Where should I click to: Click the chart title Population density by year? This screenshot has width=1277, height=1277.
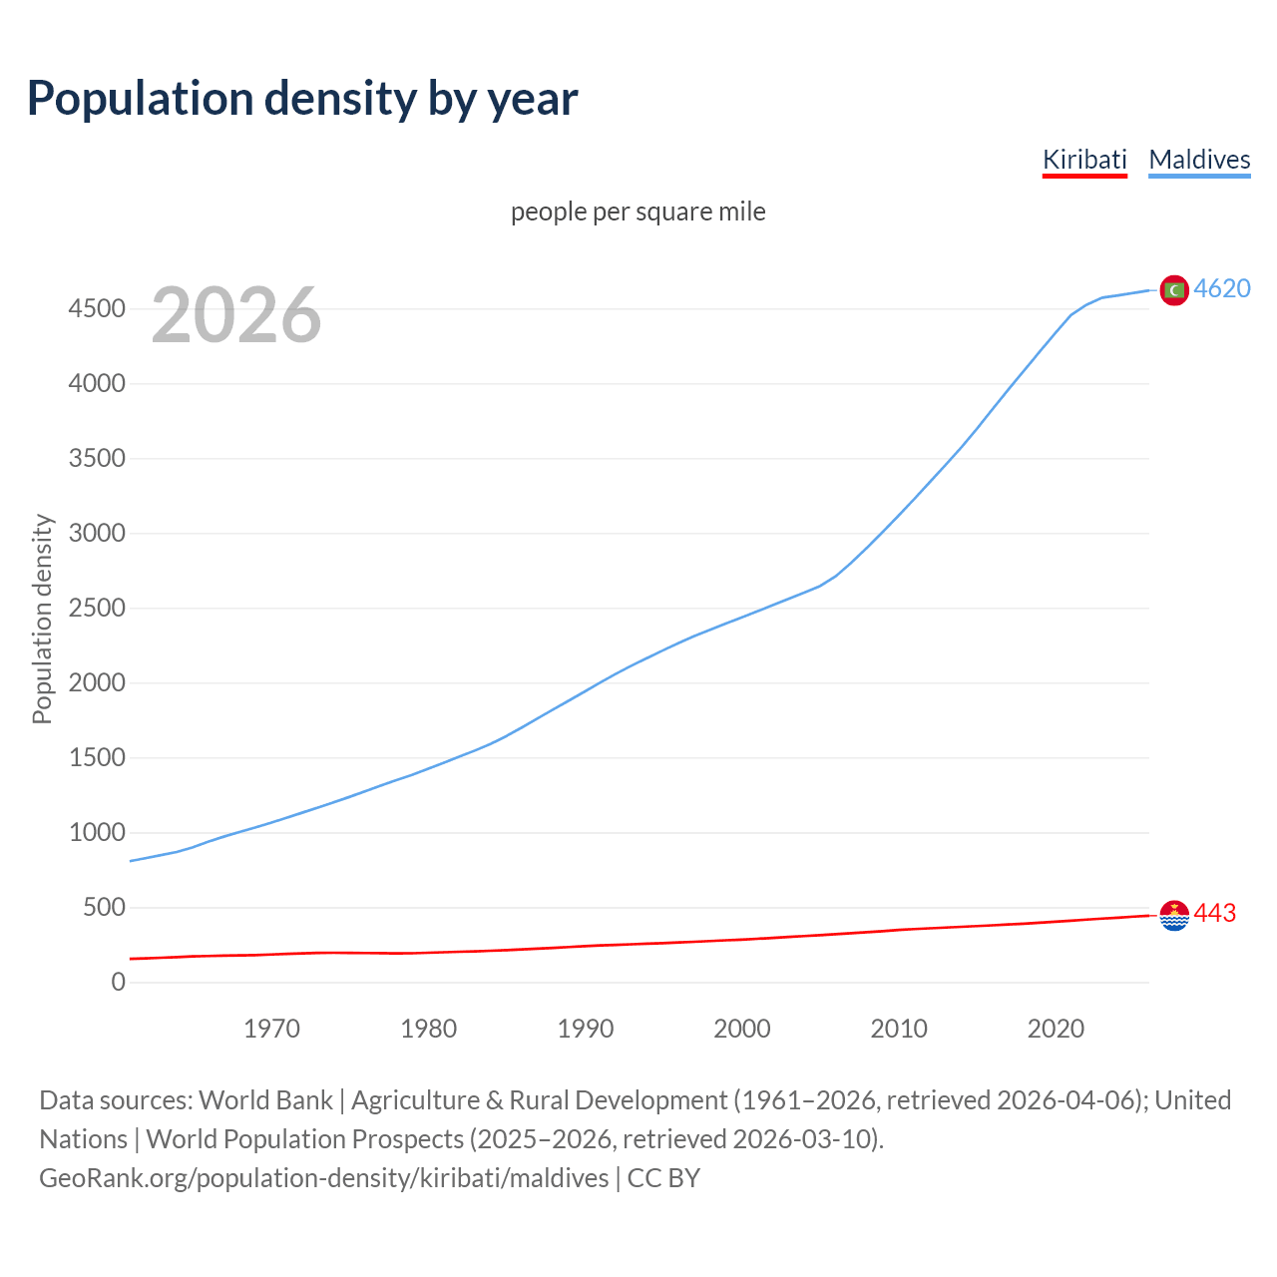(302, 98)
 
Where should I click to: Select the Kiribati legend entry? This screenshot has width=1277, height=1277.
(1084, 160)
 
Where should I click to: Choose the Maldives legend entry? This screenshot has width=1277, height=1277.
(1199, 160)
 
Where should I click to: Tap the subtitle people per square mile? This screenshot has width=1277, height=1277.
(638, 212)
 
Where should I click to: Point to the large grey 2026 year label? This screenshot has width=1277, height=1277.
(236, 315)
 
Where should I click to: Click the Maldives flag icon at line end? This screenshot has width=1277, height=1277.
(1174, 289)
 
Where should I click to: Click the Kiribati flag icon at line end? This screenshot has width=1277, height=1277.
(1174, 914)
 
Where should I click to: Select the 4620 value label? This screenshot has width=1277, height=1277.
(1222, 288)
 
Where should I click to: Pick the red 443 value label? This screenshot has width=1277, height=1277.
(1215, 913)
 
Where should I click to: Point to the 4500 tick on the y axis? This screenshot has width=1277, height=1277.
(97, 309)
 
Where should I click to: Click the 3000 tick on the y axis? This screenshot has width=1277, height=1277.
(97, 534)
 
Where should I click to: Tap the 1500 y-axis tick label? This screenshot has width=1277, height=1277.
(97, 758)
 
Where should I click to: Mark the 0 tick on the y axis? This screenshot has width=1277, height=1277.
(119, 983)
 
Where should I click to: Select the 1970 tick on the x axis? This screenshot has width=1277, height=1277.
(271, 1029)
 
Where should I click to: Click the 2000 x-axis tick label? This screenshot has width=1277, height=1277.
(742, 1029)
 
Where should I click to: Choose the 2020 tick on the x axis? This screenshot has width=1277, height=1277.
(1056, 1029)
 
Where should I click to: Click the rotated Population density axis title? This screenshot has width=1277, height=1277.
(42, 619)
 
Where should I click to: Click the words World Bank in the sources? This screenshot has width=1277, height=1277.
(265, 1100)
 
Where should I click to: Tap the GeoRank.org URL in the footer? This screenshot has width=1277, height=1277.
(323, 1178)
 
